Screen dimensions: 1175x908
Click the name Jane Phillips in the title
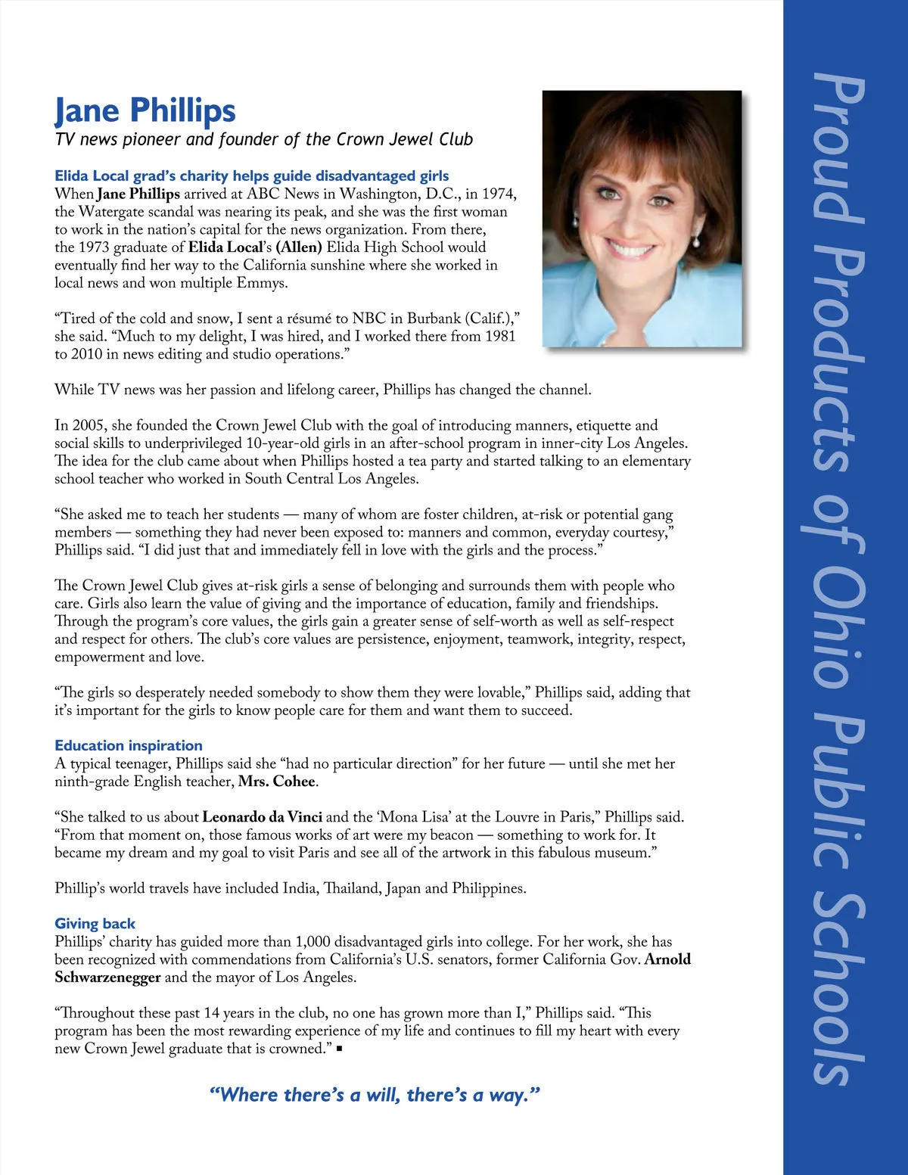145,110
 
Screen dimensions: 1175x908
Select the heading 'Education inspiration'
129,745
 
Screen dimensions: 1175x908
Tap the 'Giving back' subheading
95,923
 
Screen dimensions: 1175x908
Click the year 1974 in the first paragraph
499,194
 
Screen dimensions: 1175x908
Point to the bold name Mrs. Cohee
278,782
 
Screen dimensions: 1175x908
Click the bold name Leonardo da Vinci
263,817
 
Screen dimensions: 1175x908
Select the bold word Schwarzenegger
107,978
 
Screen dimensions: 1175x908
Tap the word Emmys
262,283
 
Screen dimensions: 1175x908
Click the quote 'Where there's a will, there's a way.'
375,1095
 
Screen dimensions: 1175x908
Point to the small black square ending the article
340,1049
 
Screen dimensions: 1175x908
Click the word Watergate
114,212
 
